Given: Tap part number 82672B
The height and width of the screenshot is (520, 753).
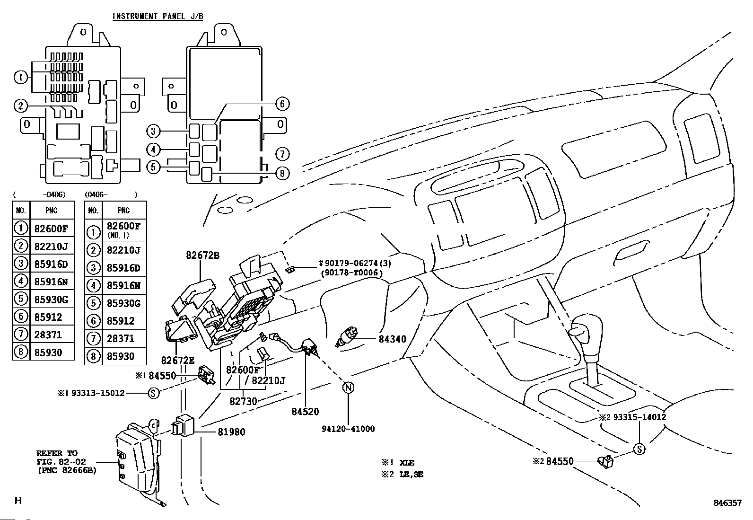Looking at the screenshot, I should tap(202, 256).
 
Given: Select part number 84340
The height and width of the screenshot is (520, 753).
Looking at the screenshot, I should tap(392, 339).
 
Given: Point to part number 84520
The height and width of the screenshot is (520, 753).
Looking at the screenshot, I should tap(305, 412).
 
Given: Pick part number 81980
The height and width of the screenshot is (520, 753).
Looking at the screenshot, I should tap(231, 432).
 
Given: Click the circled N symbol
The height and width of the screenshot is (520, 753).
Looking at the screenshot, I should tap(348, 388).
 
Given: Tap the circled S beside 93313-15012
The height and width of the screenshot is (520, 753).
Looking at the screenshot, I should tap(154, 393).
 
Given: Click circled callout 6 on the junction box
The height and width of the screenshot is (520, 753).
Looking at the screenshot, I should tap(282, 104).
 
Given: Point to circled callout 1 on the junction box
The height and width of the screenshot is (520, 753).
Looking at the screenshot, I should tap(21, 77).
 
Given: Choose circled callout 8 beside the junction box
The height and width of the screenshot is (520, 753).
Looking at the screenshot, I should tap(282, 173).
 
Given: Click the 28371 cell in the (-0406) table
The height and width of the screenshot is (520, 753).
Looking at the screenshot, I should tap(48, 335).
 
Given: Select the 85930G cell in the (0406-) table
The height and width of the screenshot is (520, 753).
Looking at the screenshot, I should tap(121, 303).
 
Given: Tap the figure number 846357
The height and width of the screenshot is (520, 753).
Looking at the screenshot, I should tap(727, 503).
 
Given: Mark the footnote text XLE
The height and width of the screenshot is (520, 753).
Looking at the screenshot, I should tap(407, 462).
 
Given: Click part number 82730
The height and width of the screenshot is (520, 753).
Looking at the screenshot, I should tap(243, 401).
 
